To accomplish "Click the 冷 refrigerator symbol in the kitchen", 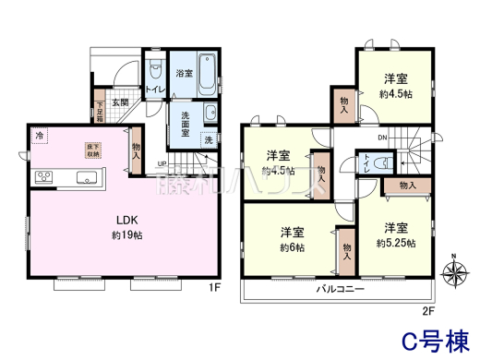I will click(x=40, y=138).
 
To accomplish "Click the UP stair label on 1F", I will click(x=162, y=165).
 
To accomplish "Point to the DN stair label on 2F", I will click(x=382, y=138).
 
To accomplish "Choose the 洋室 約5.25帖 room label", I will click(x=395, y=234).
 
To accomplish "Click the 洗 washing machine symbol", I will click(x=209, y=140).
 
